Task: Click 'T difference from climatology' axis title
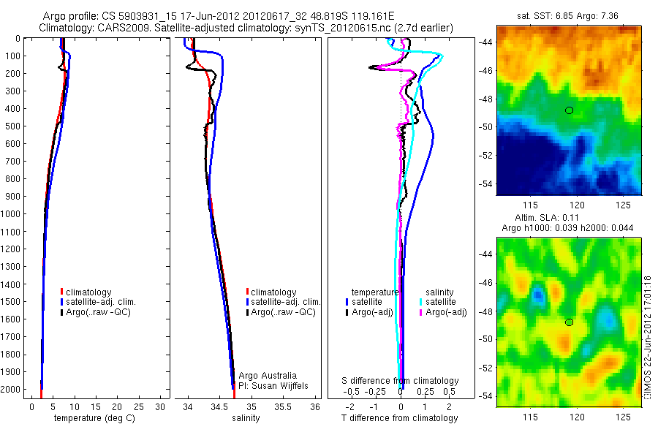[x=401, y=418]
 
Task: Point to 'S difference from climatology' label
[x=401, y=381]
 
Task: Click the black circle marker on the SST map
[x=569, y=110]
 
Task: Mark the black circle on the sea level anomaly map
[x=569, y=322]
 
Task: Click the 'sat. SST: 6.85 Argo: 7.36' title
[x=569, y=15]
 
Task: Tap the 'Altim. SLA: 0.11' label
[x=569, y=219]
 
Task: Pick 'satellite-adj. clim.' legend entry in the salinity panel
[x=286, y=302]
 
